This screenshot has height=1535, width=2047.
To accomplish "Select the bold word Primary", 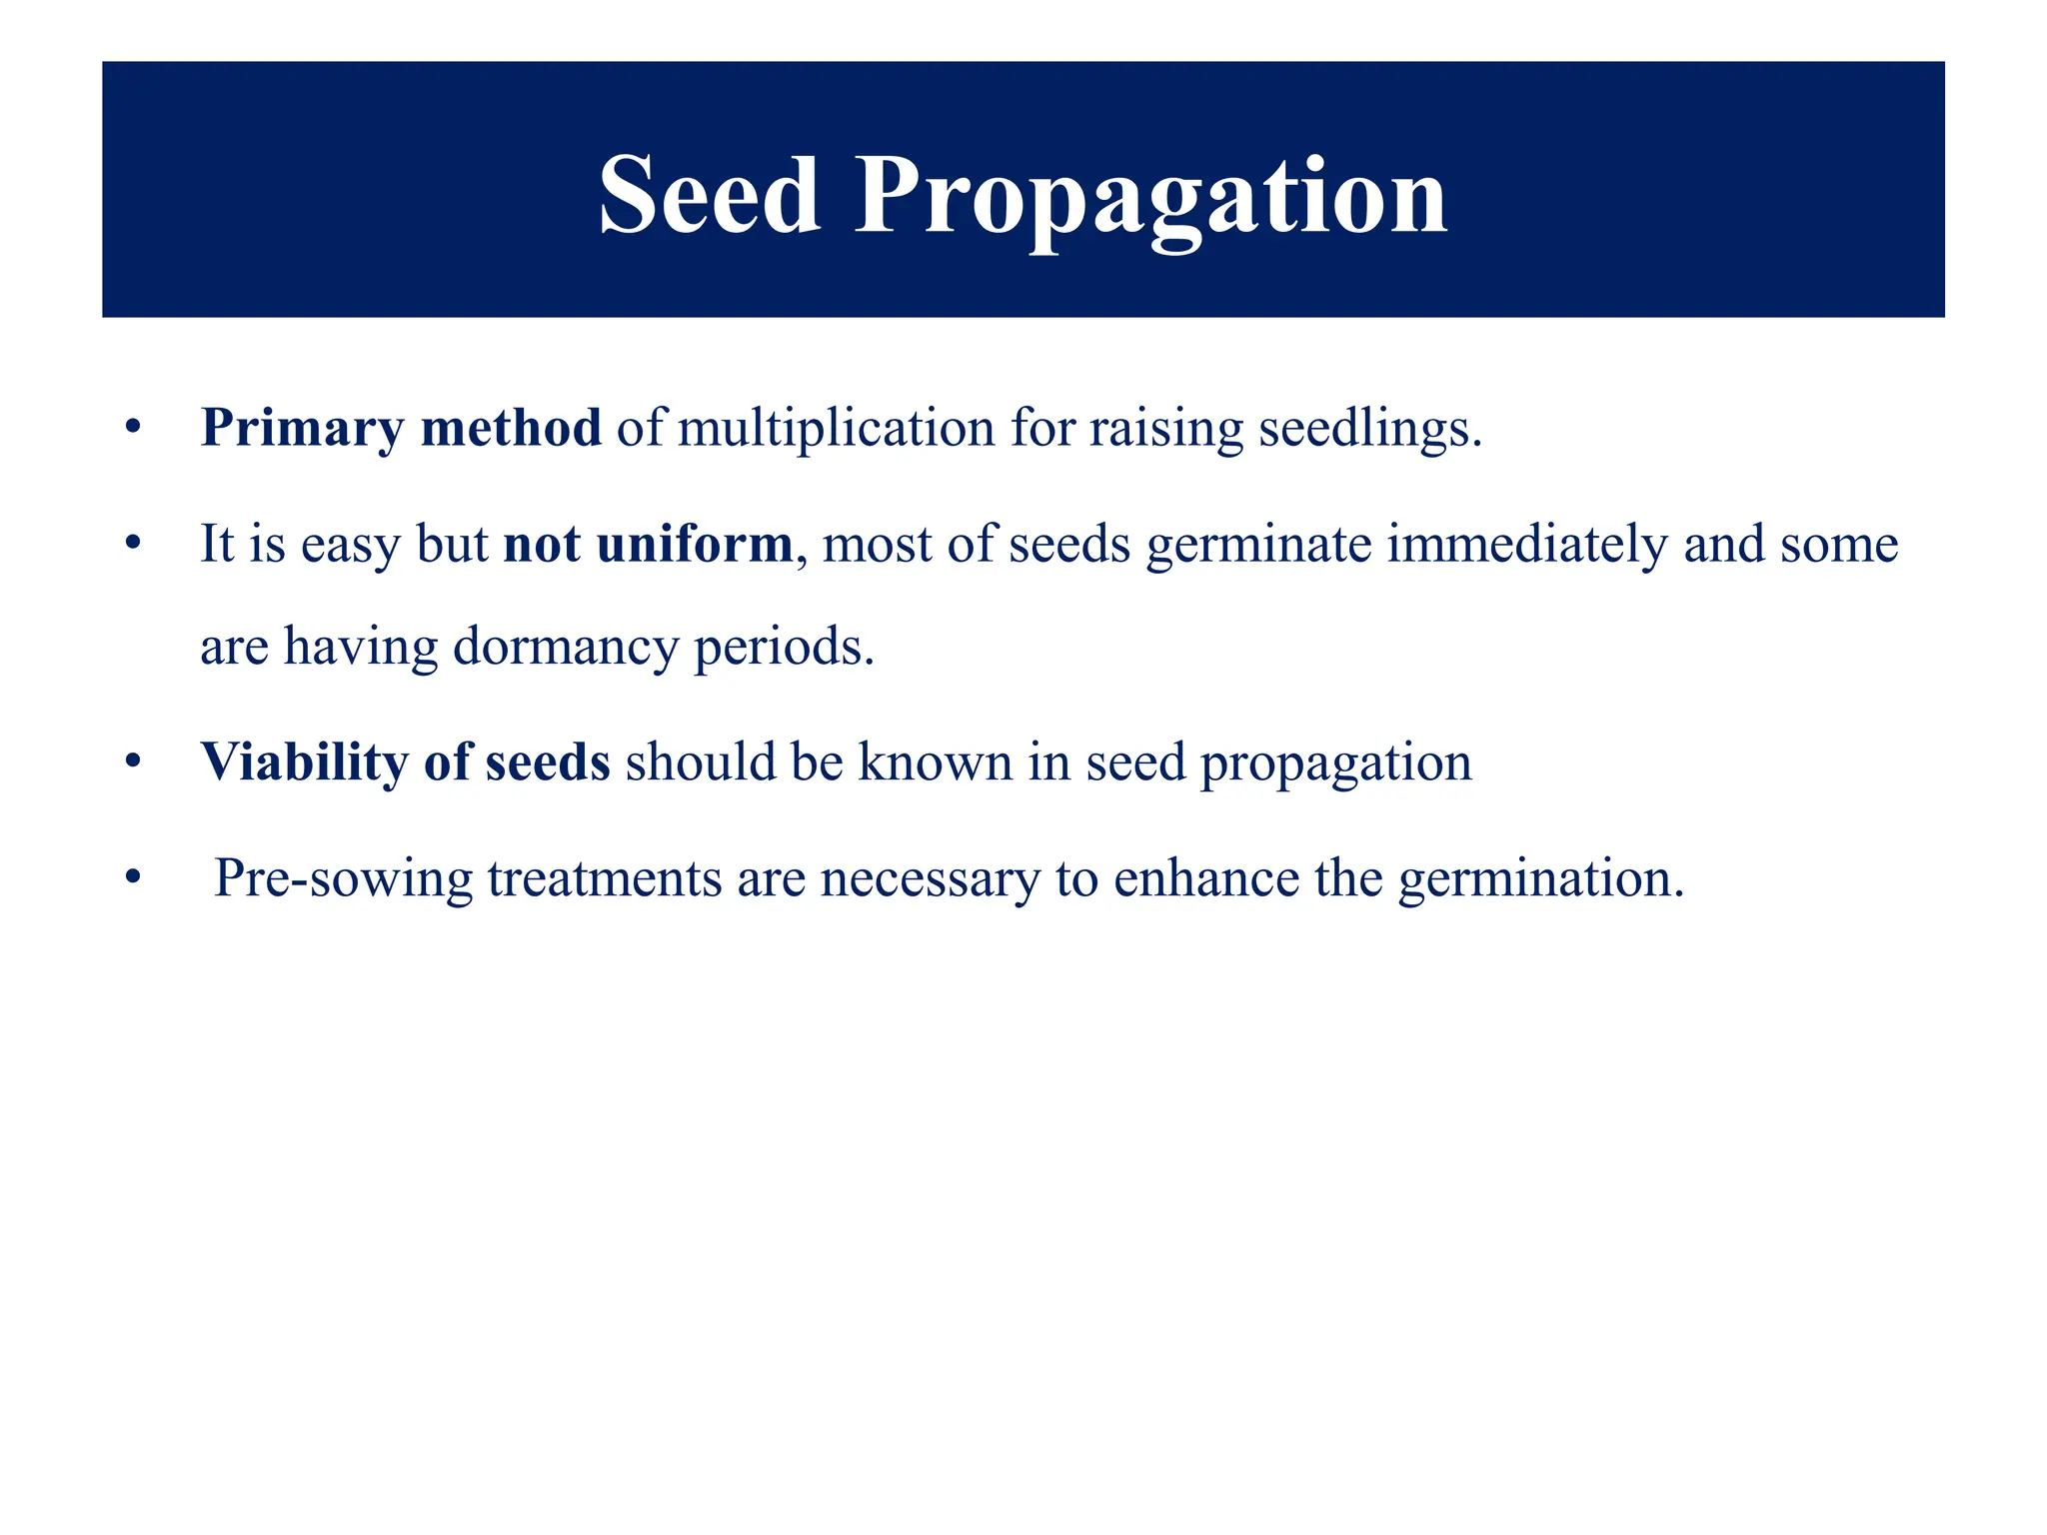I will pyautogui.click(x=301, y=429).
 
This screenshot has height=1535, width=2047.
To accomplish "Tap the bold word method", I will pyautogui.click(x=511, y=429).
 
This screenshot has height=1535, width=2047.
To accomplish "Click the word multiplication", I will pyautogui.click(x=837, y=429).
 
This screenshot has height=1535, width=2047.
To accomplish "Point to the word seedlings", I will pyautogui.click(x=1369, y=429).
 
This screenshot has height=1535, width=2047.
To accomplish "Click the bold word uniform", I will pyautogui.click(x=695, y=545).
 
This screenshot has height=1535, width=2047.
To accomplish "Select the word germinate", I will pyautogui.click(x=1258, y=545).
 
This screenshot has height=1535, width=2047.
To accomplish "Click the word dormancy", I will pyautogui.click(x=566, y=647).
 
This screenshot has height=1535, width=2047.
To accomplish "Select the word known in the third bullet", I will pyautogui.click(x=936, y=763).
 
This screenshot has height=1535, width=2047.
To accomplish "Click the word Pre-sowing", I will pyautogui.click(x=343, y=879).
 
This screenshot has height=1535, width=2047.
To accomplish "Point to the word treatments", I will pyautogui.click(x=605, y=879).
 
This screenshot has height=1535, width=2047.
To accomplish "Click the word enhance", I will pyautogui.click(x=1206, y=879).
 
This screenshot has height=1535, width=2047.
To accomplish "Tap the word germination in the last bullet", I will pyautogui.click(x=1540, y=879).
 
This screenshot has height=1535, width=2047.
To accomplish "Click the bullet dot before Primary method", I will pyautogui.click(x=133, y=430).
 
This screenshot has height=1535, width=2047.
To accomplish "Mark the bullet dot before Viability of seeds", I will pyautogui.click(x=133, y=764).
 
